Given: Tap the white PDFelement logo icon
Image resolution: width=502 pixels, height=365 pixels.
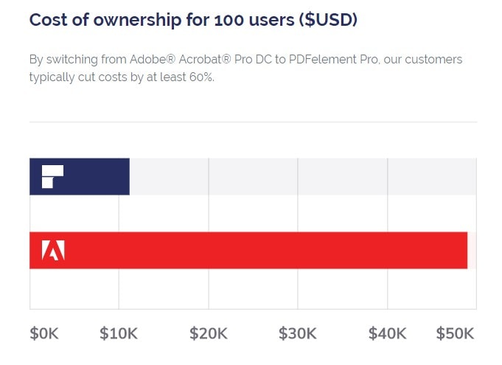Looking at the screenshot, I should coord(52,177).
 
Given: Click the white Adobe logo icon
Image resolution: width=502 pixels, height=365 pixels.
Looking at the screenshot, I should coord(53,251).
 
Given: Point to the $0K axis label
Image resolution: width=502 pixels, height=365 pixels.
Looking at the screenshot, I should coord(43,333).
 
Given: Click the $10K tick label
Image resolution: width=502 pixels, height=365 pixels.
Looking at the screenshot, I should coord(119,333).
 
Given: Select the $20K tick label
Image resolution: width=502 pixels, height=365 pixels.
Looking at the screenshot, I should coord(209,333).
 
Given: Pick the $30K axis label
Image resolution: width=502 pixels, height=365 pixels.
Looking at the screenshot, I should coord(298,333).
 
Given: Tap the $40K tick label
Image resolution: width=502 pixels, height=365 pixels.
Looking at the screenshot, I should coord(388,333).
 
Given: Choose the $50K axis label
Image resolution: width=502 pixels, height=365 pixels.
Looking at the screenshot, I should coord(455,333).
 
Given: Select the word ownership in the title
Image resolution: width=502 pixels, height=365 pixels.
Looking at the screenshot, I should coord(131,20).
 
